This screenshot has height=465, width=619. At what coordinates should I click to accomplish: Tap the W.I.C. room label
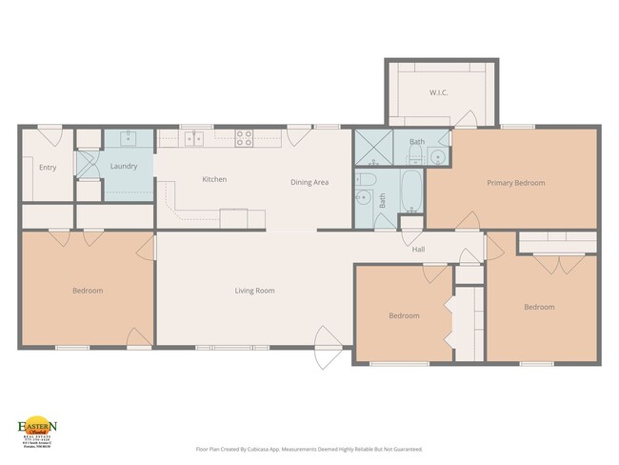(438, 92)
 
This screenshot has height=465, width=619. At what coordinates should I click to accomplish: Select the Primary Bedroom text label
(515, 182)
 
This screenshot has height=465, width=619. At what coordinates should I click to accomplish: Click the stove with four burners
(244, 136)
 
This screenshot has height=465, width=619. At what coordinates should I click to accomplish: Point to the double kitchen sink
(193, 138)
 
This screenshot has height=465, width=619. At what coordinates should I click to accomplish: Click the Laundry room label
(124, 166)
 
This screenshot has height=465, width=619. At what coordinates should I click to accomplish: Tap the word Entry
(48, 168)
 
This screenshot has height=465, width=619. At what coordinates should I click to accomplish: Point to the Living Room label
(255, 290)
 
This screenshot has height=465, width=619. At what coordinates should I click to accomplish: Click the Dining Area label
(309, 182)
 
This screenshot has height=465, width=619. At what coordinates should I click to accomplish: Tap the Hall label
(417, 250)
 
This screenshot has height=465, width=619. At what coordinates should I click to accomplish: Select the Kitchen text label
(214, 179)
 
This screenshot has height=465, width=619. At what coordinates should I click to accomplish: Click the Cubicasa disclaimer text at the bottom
(309, 448)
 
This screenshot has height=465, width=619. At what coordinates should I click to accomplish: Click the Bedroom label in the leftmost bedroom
(87, 290)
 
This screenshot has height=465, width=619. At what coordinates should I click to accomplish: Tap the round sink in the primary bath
(439, 158)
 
